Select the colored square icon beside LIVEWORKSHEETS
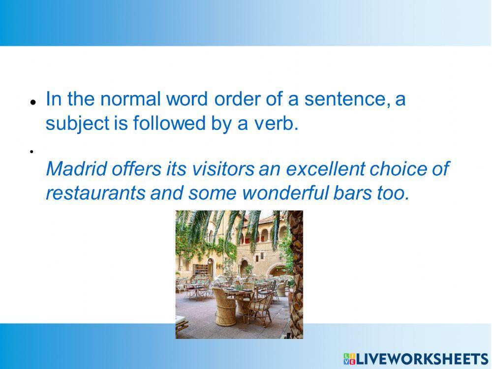point(349,358)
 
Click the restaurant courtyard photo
point(239,274)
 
